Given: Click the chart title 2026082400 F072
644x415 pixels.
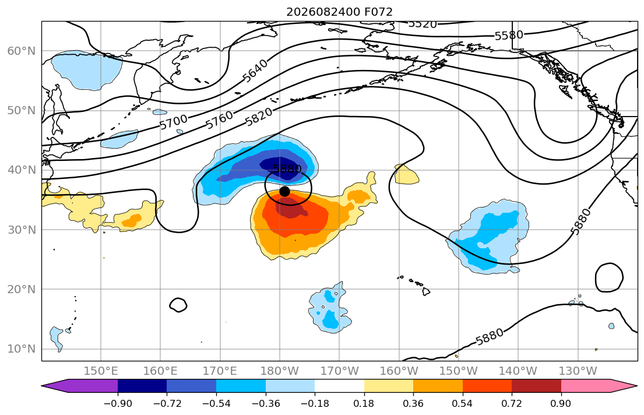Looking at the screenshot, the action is [x=339, y=12].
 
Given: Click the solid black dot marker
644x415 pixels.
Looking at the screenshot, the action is [x=284, y=192].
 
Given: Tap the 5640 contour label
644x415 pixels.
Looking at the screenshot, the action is [x=255, y=71].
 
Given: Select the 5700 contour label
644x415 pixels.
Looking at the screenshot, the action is [x=173, y=122].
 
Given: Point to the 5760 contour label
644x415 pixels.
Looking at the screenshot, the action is [x=219, y=121].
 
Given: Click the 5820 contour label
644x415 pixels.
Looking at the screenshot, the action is [x=259, y=117].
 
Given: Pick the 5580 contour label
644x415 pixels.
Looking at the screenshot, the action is [x=509, y=36].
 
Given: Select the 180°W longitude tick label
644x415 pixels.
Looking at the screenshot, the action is [x=280, y=371].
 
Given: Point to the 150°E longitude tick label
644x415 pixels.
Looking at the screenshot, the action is [x=101, y=371].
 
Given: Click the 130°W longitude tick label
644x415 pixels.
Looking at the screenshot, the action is [x=578, y=371].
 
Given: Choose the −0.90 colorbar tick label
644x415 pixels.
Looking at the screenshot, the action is [x=118, y=403].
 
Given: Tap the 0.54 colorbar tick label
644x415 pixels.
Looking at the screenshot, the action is [x=463, y=403].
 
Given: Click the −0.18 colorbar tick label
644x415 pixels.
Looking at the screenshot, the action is [x=315, y=403].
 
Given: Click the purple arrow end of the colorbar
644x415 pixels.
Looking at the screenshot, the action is [x=80, y=386].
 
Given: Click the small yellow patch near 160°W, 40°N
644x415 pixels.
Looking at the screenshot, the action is [x=406, y=175].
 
